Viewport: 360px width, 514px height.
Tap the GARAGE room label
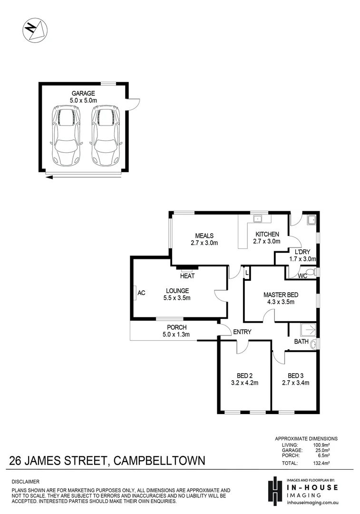[x=84, y=93]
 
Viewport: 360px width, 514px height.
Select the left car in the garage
[x=66, y=135]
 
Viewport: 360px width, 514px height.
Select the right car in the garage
[x=106, y=135]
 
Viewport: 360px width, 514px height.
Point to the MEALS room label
[x=204, y=236]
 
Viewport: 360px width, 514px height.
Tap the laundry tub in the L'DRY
[x=312, y=220]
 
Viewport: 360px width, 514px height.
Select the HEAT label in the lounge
[x=187, y=276]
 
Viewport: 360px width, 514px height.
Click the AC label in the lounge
[x=141, y=293]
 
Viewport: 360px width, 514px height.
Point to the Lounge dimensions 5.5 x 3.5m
[x=177, y=298]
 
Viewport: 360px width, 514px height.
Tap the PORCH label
[x=176, y=327]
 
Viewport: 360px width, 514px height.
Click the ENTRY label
[x=242, y=332]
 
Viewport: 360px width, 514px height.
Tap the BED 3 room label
[x=295, y=375]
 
